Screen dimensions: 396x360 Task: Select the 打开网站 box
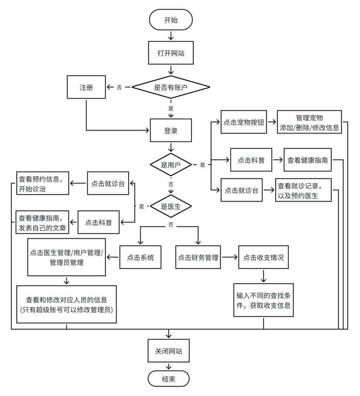(170, 53)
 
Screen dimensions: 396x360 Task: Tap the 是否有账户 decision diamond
(171, 87)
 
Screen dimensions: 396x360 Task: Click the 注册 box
(86, 87)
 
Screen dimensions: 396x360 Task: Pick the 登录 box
(171, 131)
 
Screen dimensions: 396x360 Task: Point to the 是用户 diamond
(171, 165)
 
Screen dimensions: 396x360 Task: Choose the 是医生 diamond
(171, 206)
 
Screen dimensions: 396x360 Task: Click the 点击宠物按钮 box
(244, 122)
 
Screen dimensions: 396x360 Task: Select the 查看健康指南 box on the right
(308, 160)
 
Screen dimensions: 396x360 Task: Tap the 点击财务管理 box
(198, 257)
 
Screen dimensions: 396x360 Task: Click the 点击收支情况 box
(263, 257)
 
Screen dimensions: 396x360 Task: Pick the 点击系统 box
(140, 257)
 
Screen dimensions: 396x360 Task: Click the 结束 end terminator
(169, 379)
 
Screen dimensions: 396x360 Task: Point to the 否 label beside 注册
(119, 88)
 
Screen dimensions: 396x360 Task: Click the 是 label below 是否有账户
(171, 109)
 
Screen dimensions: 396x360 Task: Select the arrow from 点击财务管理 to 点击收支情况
(229, 257)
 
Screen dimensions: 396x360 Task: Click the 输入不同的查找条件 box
(263, 300)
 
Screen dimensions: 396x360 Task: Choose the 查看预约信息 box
(42, 183)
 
